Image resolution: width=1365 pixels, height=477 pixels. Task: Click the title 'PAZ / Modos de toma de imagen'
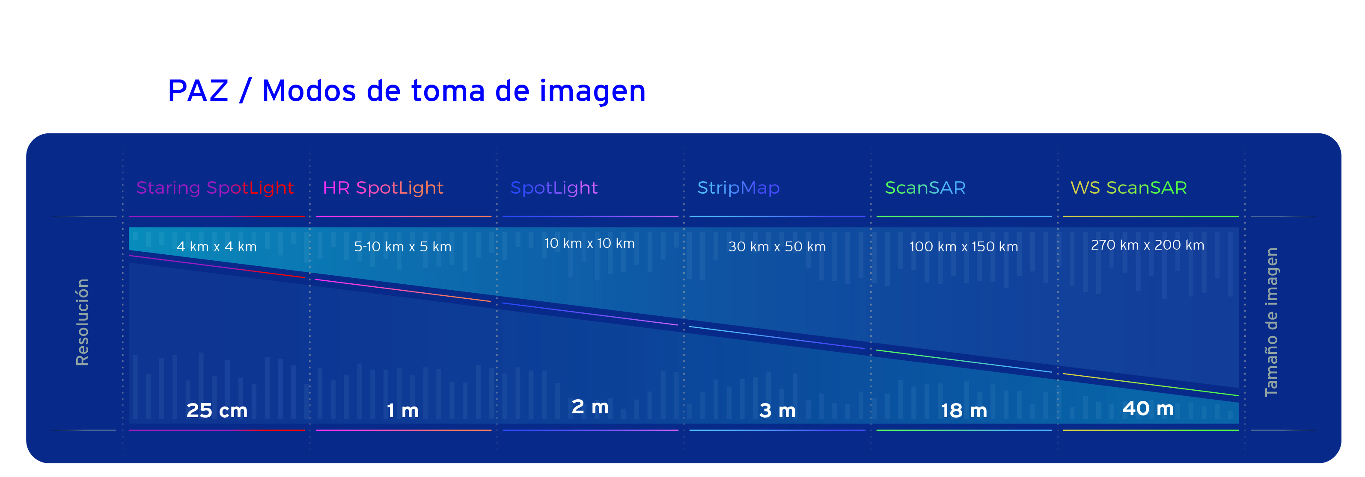pyautogui.click(x=407, y=91)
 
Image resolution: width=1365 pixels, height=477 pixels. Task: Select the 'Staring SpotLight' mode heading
pyautogui.click(x=214, y=188)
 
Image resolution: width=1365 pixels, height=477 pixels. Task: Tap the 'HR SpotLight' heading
pyautogui.click(x=383, y=188)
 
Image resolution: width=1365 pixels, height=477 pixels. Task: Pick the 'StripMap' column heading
pyautogui.click(x=738, y=188)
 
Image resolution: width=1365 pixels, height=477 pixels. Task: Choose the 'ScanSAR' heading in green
pyautogui.click(x=925, y=188)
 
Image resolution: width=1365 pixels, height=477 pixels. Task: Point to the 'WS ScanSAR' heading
pyautogui.click(x=1129, y=188)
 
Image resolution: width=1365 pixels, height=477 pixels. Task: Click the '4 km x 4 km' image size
pyautogui.click(x=216, y=247)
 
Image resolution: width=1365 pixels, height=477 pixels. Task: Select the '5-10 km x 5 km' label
pyautogui.click(x=403, y=247)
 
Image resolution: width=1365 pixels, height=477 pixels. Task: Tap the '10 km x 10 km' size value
pyautogui.click(x=589, y=244)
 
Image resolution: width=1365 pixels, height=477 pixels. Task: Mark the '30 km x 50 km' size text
pyautogui.click(x=777, y=247)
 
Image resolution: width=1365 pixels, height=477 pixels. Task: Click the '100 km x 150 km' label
pyautogui.click(x=964, y=247)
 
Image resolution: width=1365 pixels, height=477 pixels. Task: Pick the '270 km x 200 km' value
pyautogui.click(x=1147, y=245)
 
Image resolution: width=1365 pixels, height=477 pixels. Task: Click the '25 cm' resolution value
pyautogui.click(x=217, y=411)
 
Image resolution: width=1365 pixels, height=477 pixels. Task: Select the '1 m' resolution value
pyautogui.click(x=403, y=411)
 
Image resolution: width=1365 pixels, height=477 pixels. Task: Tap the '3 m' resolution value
pyautogui.click(x=777, y=411)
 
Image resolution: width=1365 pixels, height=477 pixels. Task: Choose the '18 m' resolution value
pyautogui.click(x=964, y=411)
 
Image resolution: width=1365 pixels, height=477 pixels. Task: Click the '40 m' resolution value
pyautogui.click(x=1148, y=409)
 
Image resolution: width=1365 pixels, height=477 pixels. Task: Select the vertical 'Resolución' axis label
pyautogui.click(x=83, y=322)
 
